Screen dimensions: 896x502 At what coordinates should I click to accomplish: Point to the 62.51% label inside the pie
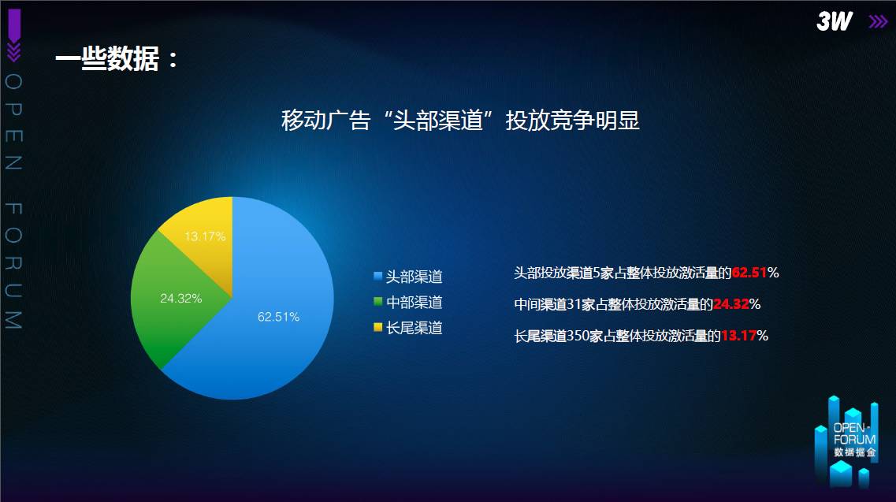pyautogui.click(x=278, y=317)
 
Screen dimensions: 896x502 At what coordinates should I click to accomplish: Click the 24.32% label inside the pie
pyautogui.click(x=180, y=299)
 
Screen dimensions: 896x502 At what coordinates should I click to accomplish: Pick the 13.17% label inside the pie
pyautogui.click(x=205, y=236)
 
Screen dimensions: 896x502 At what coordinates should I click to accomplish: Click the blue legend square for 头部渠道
pyautogui.click(x=377, y=276)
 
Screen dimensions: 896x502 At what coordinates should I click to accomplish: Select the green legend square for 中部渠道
pyautogui.click(x=377, y=301)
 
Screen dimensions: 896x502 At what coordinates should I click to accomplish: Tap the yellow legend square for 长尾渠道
pyautogui.click(x=377, y=327)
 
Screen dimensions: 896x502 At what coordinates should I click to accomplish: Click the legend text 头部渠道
pyautogui.click(x=415, y=277)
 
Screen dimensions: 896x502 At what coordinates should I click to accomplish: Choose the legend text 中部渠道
pyautogui.click(x=415, y=302)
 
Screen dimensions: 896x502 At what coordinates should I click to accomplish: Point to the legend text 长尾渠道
pyautogui.click(x=415, y=328)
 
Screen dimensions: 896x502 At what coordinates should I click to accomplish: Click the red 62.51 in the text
pyautogui.click(x=749, y=273)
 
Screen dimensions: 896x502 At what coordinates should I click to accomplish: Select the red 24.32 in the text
pyautogui.click(x=731, y=304)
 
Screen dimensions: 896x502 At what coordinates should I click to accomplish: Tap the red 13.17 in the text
pyautogui.click(x=739, y=336)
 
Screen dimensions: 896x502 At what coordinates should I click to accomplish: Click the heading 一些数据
pyautogui.click(x=107, y=59)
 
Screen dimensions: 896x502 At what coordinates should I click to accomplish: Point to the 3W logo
pyautogui.click(x=835, y=22)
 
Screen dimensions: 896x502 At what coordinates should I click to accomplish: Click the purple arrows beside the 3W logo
pyautogui.click(x=879, y=22)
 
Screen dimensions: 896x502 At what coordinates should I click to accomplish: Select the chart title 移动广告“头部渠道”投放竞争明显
pyautogui.click(x=460, y=121)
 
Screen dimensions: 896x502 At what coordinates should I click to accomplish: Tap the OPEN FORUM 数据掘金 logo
pyautogui.click(x=846, y=442)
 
